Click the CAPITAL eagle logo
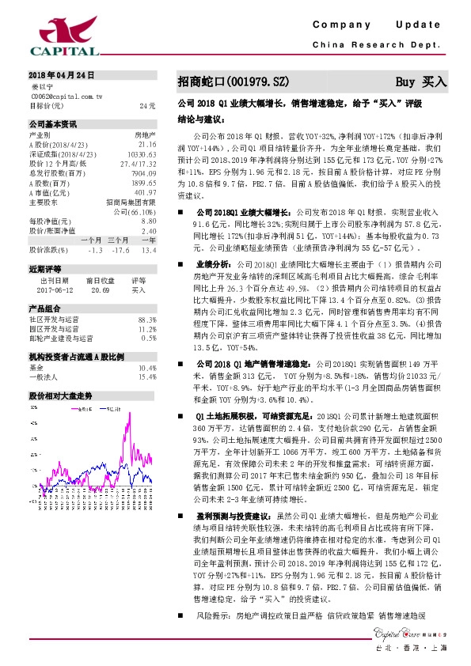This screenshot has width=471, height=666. tap(63, 33)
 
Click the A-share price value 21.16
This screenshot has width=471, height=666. tap(146, 145)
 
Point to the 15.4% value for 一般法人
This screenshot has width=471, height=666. tap(146, 377)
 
